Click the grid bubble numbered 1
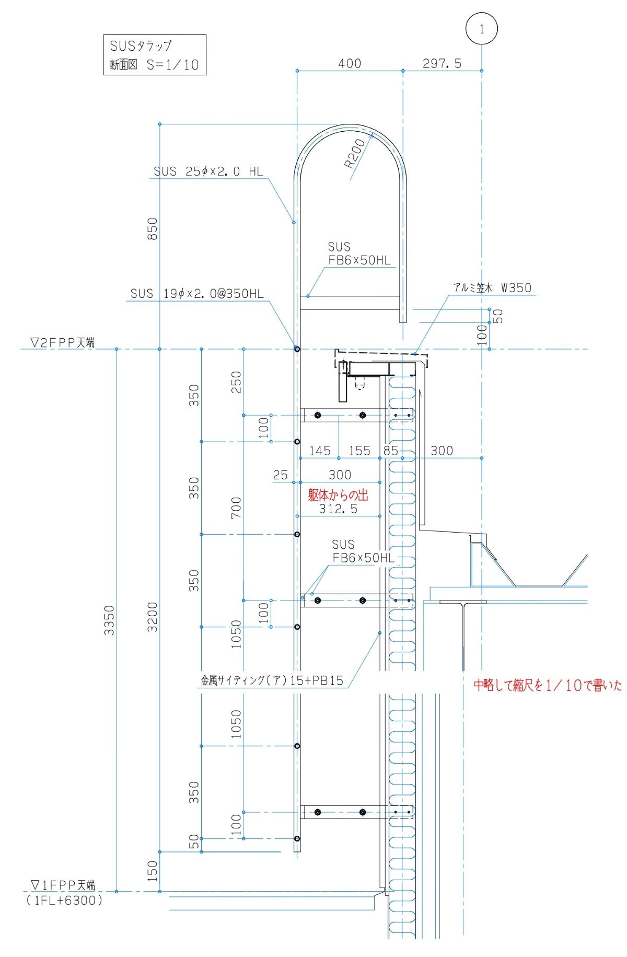click(481, 29)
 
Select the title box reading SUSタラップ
click(155, 54)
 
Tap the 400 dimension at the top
click(350, 63)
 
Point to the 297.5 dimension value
click(442, 63)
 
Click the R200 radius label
click(355, 153)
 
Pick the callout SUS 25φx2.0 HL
click(208, 171)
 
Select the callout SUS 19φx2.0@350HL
click(197, 294)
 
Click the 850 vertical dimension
click(152, 229)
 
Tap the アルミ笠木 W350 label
click(492, 287)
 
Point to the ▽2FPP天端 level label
click(63, 343)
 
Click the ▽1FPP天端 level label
click(63, 885)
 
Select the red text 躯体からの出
click(338, 495)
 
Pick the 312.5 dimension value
click(338, 509)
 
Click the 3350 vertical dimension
click(109, 620)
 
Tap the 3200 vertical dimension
click(152, 617)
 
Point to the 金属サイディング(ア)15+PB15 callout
click(272, 681)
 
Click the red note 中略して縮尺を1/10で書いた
click(548, 685)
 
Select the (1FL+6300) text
click(65, 900)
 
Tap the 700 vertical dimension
click(236, 508)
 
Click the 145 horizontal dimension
click(320, 451)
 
